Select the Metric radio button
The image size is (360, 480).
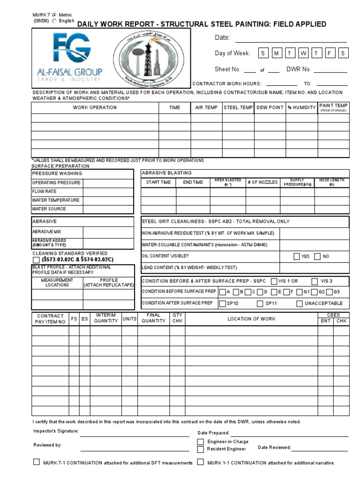click(x=55, y=15)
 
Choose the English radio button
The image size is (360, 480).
click(x=55, y=21)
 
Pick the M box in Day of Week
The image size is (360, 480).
click(x=276, y=53)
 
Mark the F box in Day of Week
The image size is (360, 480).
click(x=330, y=53)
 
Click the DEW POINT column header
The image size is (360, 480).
click(x=270, y=108)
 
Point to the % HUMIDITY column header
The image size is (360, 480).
click(x=301, y=108)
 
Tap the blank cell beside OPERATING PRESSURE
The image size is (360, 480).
click(x=109, y=182)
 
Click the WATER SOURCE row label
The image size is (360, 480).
click(x=49, y=209)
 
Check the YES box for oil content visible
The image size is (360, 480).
click(x=296, y=256)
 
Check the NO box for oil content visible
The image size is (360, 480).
click(x=317, y=256)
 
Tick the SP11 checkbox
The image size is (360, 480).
click(x=260, y=304)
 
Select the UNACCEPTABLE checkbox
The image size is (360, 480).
click(x=300, y=304)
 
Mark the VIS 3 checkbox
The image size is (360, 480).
click(x=314, y=281)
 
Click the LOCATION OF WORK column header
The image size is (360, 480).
click(x=251, y=319)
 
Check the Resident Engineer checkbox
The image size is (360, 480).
click(x=201, y=449)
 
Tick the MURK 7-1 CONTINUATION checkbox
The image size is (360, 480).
click(x=37, y=462)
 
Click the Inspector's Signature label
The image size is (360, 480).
click(x=56, y=431)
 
